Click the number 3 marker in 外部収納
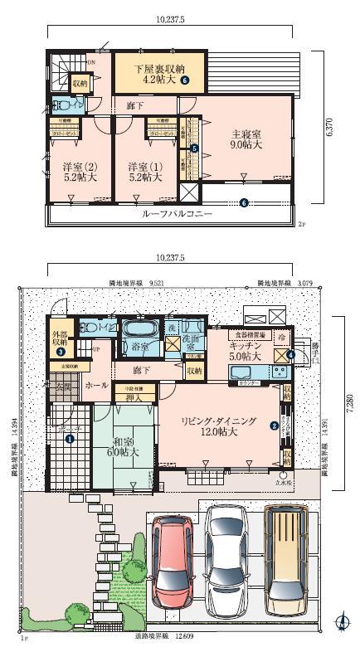click(61, 352)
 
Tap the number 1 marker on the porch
click(71, 439)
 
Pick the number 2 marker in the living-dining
click(274, 426)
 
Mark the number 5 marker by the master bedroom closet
click(194, 148)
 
